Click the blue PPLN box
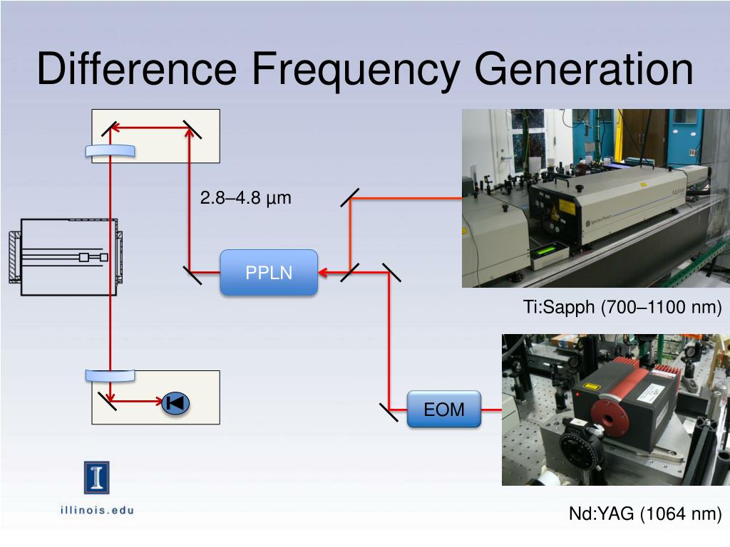click(x=269, y=272)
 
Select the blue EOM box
click(x=443, y=410)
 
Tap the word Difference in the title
click(x=136, y=69)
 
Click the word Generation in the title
click(x=584, y=69)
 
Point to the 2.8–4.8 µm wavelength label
click(x=245, y=198)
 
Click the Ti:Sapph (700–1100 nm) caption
click(x=622, y=308)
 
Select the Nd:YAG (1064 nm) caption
click(x=645, y=514)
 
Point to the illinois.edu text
click(x=96, y=509)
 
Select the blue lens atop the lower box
click(x=110, y=376)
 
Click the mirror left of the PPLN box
click(x=192, y=273)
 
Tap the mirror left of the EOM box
click(x=389, y=411)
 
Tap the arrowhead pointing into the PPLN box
click(x=322, y=272)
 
